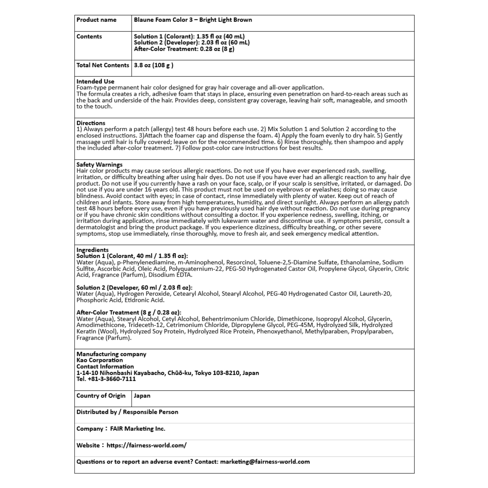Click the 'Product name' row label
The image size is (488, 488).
point(96,20)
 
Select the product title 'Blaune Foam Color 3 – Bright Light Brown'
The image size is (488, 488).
point(193,20)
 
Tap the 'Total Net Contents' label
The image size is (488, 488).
point(103,65)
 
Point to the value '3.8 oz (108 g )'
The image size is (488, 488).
point(153,65)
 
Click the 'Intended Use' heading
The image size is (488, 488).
point(95,82)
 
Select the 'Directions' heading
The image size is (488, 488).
point(91,123)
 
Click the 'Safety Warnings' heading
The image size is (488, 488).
point(99,165)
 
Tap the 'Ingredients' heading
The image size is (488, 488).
point(93,250)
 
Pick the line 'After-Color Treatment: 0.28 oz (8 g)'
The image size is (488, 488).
point(184,49)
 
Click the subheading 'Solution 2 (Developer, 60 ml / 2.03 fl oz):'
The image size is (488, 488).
point(134,288)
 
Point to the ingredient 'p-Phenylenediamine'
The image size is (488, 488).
point(146,263)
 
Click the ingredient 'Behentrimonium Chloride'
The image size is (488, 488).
point(238,319)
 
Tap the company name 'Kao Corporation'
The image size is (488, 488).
point(100,360)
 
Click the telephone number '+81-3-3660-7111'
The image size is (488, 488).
point(112,379)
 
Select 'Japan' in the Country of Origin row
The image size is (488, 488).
point(142,396)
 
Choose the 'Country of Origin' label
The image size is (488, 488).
point(101,396)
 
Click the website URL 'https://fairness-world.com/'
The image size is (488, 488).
point(146,445)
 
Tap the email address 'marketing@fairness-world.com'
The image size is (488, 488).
point(265,462)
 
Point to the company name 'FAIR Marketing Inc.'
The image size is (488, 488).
point(138,429)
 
